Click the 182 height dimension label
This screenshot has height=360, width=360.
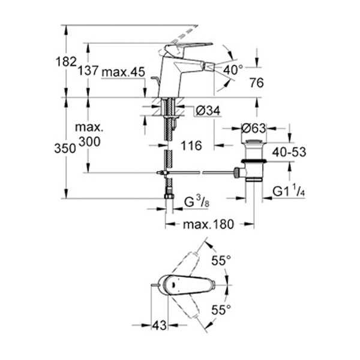coord(66,62)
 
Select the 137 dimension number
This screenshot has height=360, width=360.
coord(88,70)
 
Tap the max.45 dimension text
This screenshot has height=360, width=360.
coord(123,72)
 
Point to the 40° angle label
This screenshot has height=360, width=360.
coord(233,70)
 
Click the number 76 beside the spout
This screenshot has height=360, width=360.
coord(257,83)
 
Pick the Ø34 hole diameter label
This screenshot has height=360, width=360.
coord(208,110)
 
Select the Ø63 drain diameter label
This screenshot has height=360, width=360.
coord(253,128)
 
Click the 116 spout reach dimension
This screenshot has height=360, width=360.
coord(191,146)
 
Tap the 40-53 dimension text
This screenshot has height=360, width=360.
coord(289,152)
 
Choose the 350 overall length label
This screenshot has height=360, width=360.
coord(65,148)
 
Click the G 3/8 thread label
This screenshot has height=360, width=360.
coord(197,202)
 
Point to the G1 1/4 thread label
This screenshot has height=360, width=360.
coord(289,191)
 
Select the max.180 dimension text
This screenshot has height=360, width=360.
coord(208,224)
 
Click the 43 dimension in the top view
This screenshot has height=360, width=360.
coord(160,325)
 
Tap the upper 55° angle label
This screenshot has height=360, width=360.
coord(221,260)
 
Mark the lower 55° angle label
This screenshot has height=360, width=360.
coord(221,310)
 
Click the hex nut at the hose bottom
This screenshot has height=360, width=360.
coord(169,196)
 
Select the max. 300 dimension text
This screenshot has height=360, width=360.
coord(89,135)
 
